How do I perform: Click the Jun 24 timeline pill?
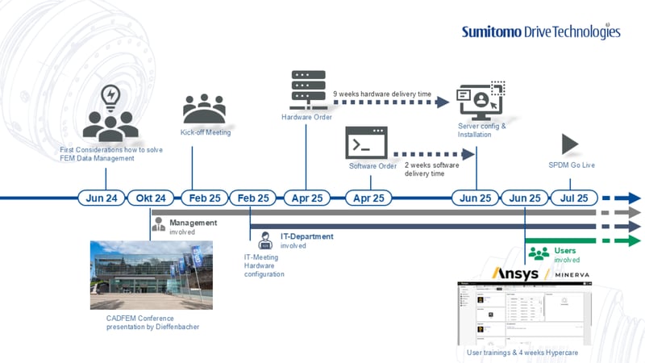[x=101, y=198]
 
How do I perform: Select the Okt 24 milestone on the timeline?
[x=151, y=198]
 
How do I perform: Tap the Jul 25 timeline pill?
[x=573, y=198]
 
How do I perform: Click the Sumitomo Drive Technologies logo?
[x=541, y=31]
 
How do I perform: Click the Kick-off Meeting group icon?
[x=205, y=110]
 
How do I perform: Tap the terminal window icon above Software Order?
[x=366, y=143]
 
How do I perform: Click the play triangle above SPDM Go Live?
[x=570, y=144]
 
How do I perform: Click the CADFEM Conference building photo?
[x=152, y=274]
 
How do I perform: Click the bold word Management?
[x=193, y=223]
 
